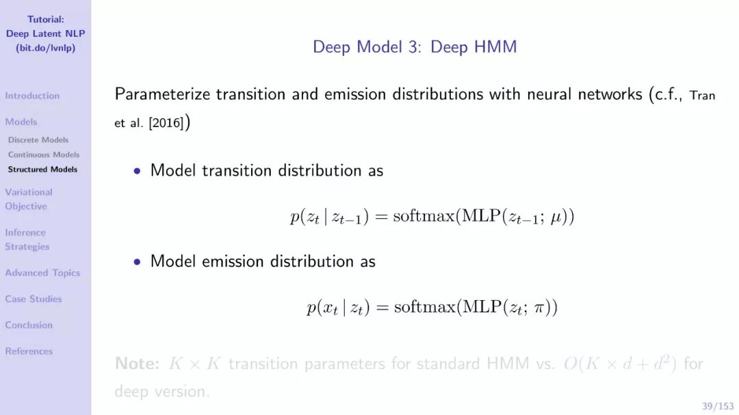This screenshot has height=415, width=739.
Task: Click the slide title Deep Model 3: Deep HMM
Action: coord(415,47)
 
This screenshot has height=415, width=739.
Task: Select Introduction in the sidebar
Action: coord(32,96)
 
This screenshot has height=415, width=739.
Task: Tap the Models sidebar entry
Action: coord(21,122)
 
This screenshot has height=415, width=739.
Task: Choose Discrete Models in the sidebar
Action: coord(38,140)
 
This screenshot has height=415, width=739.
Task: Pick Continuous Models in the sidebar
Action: coord(44,155)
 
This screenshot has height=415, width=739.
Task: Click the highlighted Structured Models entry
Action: coord(42,170)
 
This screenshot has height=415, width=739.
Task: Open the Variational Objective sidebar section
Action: coord(28,199)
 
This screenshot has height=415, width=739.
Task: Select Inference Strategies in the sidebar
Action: coord(27,239)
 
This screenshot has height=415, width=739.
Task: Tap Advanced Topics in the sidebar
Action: coord(42,273)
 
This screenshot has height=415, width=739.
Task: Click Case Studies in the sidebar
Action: coord(34,299)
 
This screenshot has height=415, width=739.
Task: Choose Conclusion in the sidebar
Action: coord(29,325)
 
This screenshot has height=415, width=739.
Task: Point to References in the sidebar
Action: coord(29,351)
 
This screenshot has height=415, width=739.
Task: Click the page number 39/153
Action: coord(718,406)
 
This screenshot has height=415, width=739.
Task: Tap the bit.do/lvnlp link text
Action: coord(45,48)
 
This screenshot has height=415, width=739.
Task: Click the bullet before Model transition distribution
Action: coord(137,171)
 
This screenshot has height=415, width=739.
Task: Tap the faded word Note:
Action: coord(137,363)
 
